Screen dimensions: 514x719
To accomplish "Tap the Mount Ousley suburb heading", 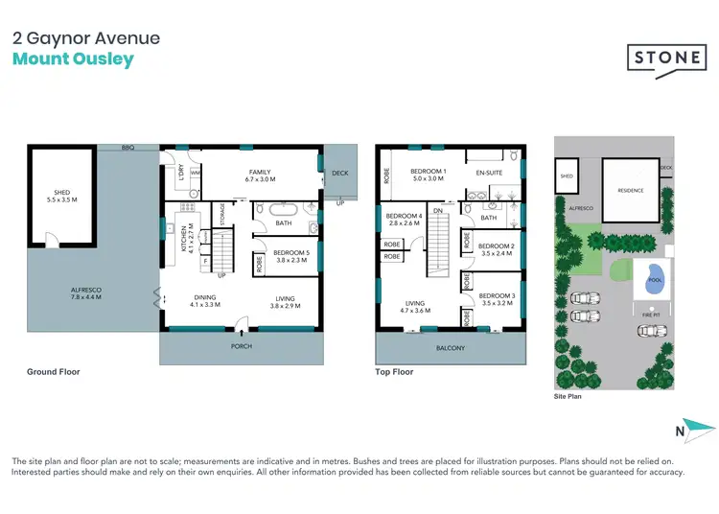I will (x=73, y=59).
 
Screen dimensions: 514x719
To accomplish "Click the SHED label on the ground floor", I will (x=59, y=196).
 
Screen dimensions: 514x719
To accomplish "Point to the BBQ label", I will (x=127, y=149).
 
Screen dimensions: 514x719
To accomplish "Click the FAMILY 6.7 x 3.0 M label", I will (x=260, y=175).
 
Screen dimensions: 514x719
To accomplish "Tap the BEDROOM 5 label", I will (x=289, y=256).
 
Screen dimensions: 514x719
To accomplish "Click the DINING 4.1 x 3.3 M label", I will (x=206, y=300).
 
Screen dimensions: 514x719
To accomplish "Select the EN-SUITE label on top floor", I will (x=490, y=175).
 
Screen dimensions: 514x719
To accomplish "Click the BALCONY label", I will (x=451, y=348).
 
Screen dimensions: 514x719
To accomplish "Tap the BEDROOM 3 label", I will (x=498, y=299).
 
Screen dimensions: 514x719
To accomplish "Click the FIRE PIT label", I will (x=652, y=314).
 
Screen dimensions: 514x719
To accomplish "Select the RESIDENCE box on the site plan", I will (x=630, y=190).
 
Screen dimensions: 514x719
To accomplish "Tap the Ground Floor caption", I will (x=54, y=372).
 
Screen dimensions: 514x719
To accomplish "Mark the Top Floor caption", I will (x=394, y=372).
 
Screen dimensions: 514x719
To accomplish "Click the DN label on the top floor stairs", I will (x=437, y=211).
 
